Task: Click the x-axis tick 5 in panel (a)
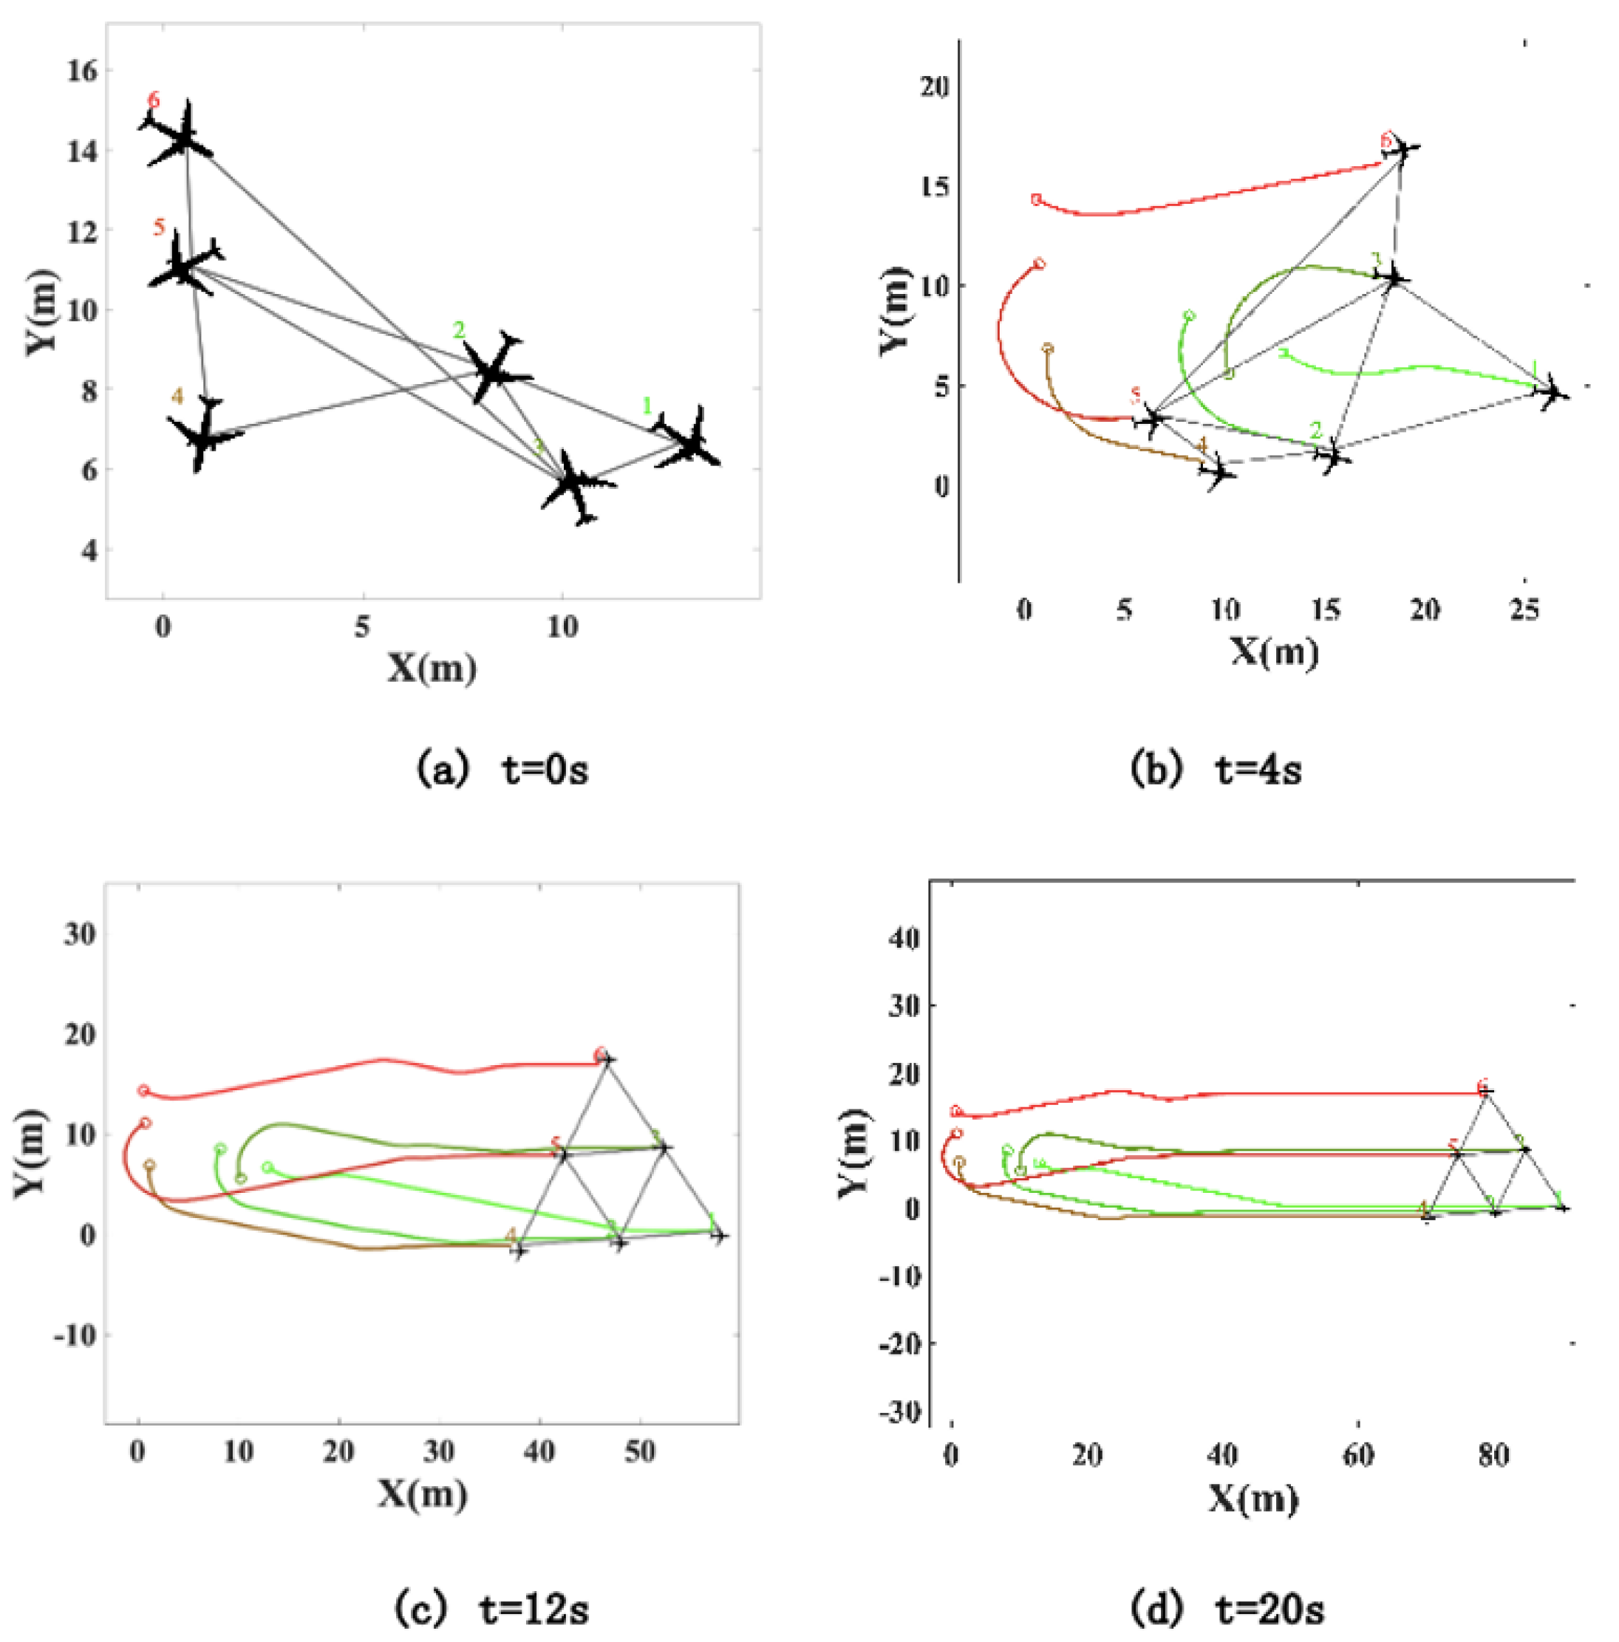(x=363, y=627)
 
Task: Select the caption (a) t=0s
(x=502, y=769)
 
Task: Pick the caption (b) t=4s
(x=1216, y=769)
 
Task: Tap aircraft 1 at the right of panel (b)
(x=1552, y=391)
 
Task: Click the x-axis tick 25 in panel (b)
(x=1524, y=610)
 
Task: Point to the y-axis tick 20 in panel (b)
(x=934, y=86)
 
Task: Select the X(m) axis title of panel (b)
(x=1274, y=653)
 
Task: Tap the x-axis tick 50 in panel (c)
(x=639, y=1451)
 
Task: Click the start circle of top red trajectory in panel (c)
(x=143, y=1090)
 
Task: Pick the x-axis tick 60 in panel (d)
(x=1358, y=1455)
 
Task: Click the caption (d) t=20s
(x=1228, y=1609)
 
